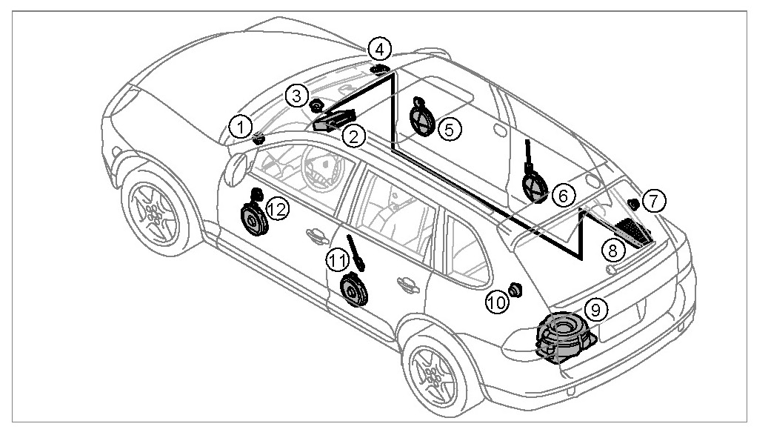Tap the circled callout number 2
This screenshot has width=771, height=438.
point(354,135)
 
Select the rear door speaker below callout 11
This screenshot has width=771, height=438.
point(353,290)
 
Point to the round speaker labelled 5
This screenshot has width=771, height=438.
point(421,117)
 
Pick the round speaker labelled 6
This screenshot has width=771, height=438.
point(535,185)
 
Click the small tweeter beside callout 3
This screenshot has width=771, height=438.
point(315,104)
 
